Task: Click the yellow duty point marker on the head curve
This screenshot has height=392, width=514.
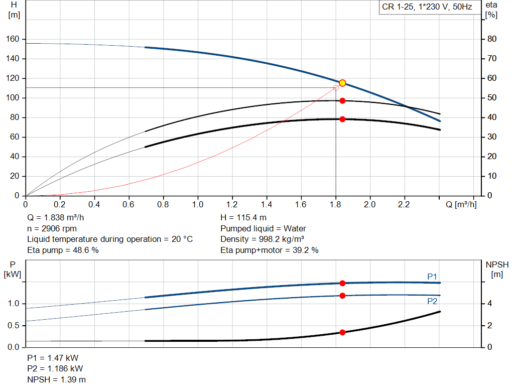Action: [x=342, y=83]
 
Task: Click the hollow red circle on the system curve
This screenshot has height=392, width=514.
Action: [x=336, y=88]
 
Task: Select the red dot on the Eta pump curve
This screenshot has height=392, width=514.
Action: [x=342, y=101]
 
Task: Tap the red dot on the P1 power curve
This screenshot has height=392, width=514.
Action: [x=342, y=283]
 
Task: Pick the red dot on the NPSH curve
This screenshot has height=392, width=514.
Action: [x=342, y=332]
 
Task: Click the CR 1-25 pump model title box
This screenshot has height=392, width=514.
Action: [x=426, y=7]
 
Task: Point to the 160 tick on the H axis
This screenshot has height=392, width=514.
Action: [x=14, y=39]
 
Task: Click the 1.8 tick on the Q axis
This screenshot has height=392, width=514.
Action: [x=335, y=205]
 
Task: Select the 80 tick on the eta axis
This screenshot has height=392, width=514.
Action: [x=492, y=39]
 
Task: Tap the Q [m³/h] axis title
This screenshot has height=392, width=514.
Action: [x=461, y=205]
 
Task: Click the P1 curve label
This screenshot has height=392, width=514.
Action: [x=432, y=276]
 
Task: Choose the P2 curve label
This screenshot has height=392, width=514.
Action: [x=432, y=301]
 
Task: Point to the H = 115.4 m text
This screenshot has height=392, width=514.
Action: [x=243, y=218]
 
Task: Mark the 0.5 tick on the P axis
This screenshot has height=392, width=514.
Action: [x=14, y=325]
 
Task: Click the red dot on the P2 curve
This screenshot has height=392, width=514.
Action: [x=342, y=296]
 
